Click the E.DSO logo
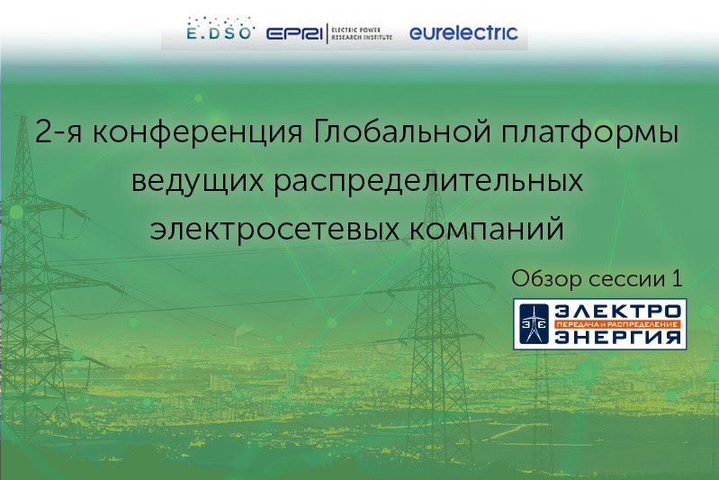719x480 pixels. pyautogui.click(x=220, y=29)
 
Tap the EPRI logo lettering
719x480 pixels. pyautogui.click(x=294, y=34)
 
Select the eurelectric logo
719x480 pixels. pyautogui.click(x=463, y=32)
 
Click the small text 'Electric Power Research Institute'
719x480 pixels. pyautogui.click(x=362, y=33)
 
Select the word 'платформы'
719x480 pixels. pyautogui.click(x=589, y=133)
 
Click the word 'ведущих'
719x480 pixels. pyautogui.click(x=198, y=181)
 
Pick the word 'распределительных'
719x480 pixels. pyautogui.click(x=428, y=181)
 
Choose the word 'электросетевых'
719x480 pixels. pyautogui.click(x=274, y=229)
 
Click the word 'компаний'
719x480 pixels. pyautogui.click(x=487, y=228)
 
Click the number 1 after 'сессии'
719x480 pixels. pyautogui.click(x=678, y=278)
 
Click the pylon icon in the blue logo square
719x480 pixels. pyautogui.click(x=535, y=324)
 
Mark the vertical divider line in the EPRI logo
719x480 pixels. pyautogui.click(x=327, y=33)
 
